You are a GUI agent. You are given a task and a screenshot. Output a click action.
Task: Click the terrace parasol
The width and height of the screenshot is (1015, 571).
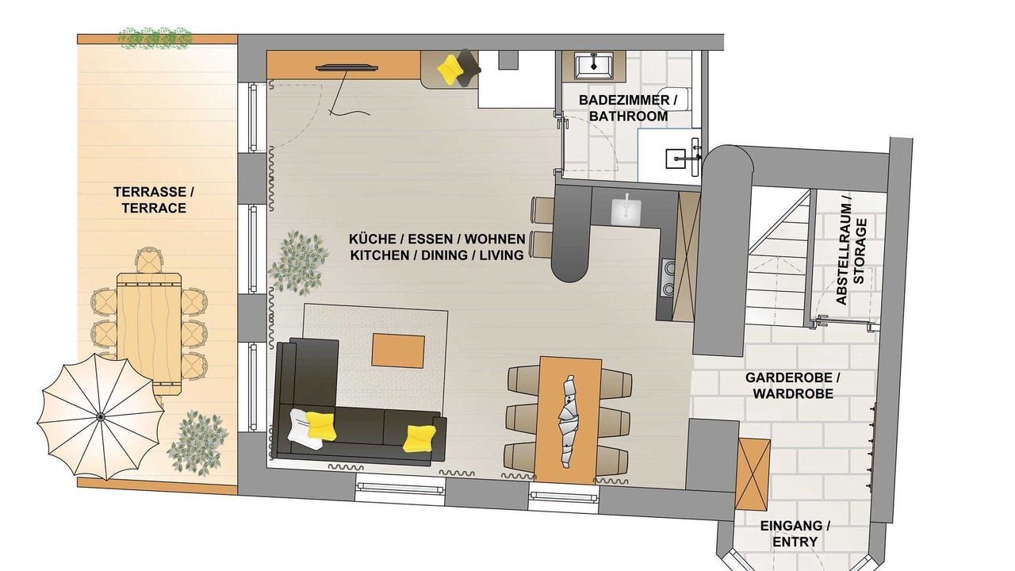tap(101, 416)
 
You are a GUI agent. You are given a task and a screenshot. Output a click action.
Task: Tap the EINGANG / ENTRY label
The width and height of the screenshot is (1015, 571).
tap(795, 534)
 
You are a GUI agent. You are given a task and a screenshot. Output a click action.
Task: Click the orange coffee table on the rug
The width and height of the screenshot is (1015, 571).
tap(398, 351)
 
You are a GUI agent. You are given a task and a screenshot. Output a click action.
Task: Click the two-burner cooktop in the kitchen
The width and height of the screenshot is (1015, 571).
tap(668, 278)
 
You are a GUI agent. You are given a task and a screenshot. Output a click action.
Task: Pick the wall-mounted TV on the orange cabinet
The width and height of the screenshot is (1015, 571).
tap(347, 68)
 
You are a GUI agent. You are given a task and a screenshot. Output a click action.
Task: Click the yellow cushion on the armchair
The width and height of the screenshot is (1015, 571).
tap(449, 69)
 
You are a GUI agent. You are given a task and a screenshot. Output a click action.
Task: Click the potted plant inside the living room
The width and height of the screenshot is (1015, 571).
tap(299, 263)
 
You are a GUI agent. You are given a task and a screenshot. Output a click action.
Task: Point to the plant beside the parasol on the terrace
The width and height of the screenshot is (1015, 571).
tap(197, 443)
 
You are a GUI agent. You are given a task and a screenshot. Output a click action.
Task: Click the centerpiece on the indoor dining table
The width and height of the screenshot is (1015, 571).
tap(567, 420)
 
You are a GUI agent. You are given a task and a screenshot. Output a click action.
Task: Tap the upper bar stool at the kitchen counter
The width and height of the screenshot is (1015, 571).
tap(542, 210)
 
